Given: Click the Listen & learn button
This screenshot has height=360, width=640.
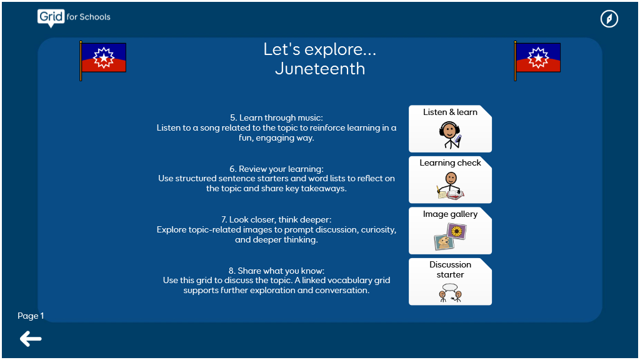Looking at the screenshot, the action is tap(450, 129).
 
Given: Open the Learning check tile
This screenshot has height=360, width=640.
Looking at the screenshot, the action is tap(450, 179).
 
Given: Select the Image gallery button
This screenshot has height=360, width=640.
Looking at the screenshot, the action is tap(450, 231).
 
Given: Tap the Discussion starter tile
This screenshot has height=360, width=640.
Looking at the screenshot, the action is tap(450, 282).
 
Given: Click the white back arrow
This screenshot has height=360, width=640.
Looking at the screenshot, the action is tap(31, 339).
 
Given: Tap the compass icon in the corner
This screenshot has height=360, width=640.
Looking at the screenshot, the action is tap(609, 19).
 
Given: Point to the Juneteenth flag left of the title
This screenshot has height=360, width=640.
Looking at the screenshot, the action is tap(103, 61).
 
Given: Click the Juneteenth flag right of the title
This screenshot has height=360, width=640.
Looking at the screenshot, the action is tap(537, 61).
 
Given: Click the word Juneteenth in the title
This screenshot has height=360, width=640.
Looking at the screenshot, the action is tap(320, 69).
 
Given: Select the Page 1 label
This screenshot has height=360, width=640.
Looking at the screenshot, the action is tap(31, 316).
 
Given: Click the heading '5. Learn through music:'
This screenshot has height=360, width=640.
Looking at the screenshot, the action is tap(276, 117).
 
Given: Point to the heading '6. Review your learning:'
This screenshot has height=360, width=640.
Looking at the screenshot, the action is tap(276, 169).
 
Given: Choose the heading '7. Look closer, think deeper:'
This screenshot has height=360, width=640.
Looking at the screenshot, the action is tap(276, 219).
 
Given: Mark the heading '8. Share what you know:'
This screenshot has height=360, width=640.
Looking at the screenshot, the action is tap(276, 271).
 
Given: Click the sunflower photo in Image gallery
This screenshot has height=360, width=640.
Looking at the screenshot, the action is tap(457, 232).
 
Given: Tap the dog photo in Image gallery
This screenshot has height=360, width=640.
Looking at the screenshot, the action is tap(444, 242).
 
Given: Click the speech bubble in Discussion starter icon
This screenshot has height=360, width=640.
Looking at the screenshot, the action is tap(450, 287).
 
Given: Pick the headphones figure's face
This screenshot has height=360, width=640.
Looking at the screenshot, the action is tap(450, 131).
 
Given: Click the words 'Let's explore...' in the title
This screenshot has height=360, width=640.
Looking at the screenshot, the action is tap(320, 49).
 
